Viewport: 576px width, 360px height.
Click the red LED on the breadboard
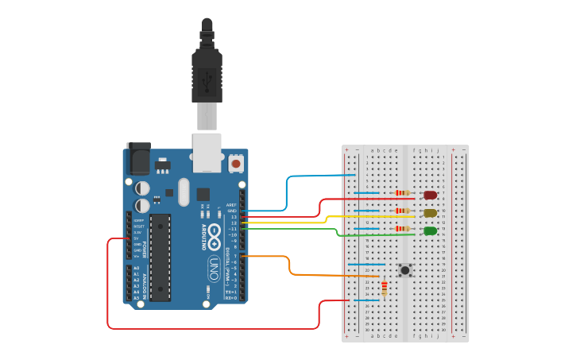430,195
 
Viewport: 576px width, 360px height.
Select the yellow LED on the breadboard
430,213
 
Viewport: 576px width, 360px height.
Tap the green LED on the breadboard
430,231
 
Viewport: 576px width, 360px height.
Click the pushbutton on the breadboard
405,270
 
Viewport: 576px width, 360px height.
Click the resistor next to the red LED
403,193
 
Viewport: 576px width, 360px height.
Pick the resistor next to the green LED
403,229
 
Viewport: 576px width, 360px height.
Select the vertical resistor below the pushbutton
385,288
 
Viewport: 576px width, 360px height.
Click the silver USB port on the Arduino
207,152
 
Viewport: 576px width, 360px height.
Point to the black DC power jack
137,158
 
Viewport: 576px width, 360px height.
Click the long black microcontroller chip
160,257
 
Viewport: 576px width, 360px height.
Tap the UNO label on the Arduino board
213,268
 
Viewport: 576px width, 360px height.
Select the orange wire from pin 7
290,265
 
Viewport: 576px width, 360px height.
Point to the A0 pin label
136,268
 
